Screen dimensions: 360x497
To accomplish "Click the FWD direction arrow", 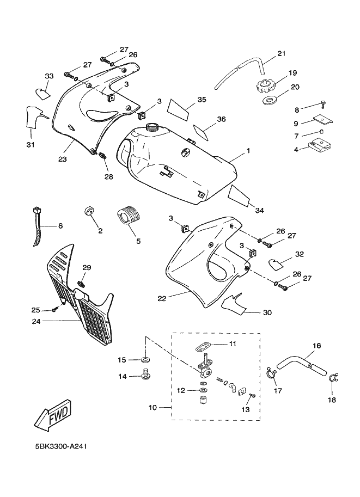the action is [x=53, y=415].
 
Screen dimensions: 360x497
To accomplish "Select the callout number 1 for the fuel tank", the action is [x=248, y=151].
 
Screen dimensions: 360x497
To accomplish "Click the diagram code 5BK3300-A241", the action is [x=61, y=446].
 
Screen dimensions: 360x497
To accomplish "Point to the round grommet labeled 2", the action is [x=88, y=211].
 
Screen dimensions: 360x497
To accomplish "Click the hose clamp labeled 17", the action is [x=271, y=373].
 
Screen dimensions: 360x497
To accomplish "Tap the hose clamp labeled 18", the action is [x=333, y=377].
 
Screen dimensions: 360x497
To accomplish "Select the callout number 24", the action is [x=36, y=321].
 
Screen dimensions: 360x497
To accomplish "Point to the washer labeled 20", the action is [x=269, y=101].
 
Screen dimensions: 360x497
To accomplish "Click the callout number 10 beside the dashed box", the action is [x=153, y=407].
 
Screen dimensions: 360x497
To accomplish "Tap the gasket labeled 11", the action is [x=203, y=346].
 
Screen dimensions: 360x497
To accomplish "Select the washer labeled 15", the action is [x=146, y=360].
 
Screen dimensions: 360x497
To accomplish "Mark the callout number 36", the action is [x=222, y=119].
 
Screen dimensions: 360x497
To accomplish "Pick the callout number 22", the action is [x=162, y=298].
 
